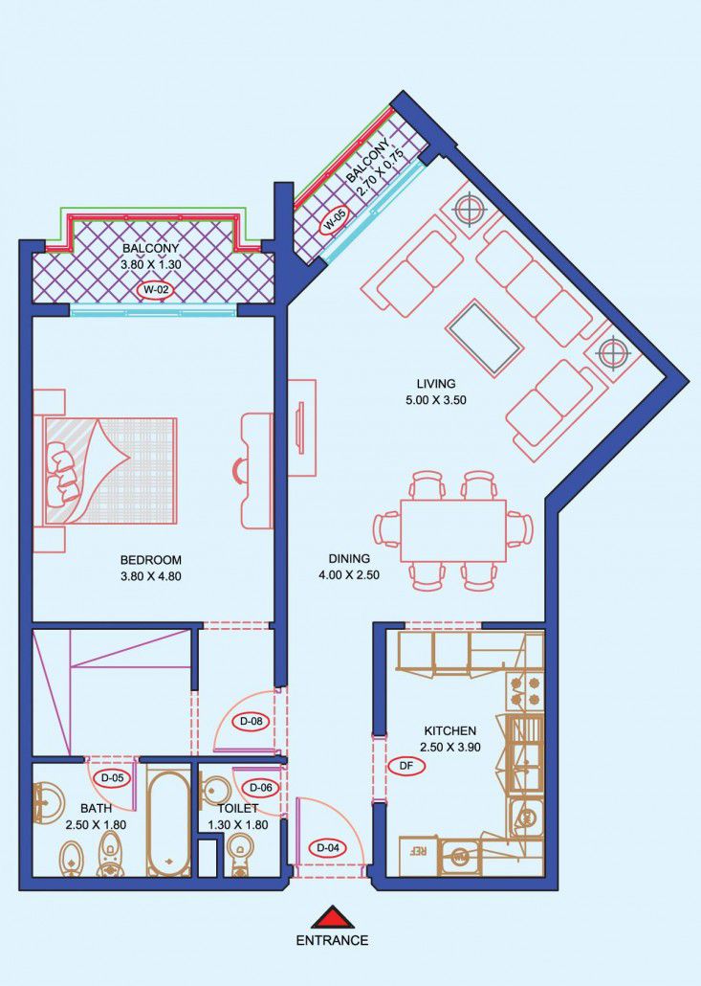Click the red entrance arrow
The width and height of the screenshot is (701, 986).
[332, 917]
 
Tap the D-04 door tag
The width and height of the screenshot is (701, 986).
[328, 848]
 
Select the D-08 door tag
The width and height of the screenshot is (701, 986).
[252, 722]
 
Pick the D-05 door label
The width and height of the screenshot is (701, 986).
[113, 778]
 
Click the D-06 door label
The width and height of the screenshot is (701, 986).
[261, 787]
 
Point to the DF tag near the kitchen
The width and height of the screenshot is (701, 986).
[406, 765]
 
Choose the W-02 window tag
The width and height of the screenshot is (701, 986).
[155, 290]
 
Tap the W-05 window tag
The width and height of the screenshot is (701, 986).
[334, 221]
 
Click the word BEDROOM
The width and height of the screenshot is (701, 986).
[151, 560]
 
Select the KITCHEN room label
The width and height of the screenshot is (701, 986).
[450, 730]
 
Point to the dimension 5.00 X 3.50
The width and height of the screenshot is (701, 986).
[436, 400]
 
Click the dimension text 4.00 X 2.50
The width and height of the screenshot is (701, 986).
[349, 574]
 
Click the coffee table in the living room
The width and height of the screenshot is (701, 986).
[484, 338]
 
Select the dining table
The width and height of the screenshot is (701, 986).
[453, 531]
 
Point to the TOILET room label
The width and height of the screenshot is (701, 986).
[238, 809]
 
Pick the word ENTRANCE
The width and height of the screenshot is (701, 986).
[332, 941]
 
